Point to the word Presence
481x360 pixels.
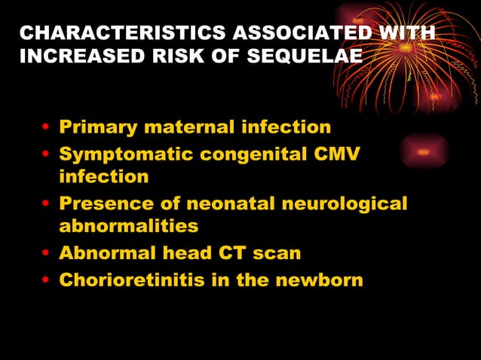point(101,203)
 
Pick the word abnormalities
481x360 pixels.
point(129,225)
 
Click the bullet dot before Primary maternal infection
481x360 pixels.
point(47,128)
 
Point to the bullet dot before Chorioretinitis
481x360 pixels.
point(47,281)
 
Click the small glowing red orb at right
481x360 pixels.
point(424,151)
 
